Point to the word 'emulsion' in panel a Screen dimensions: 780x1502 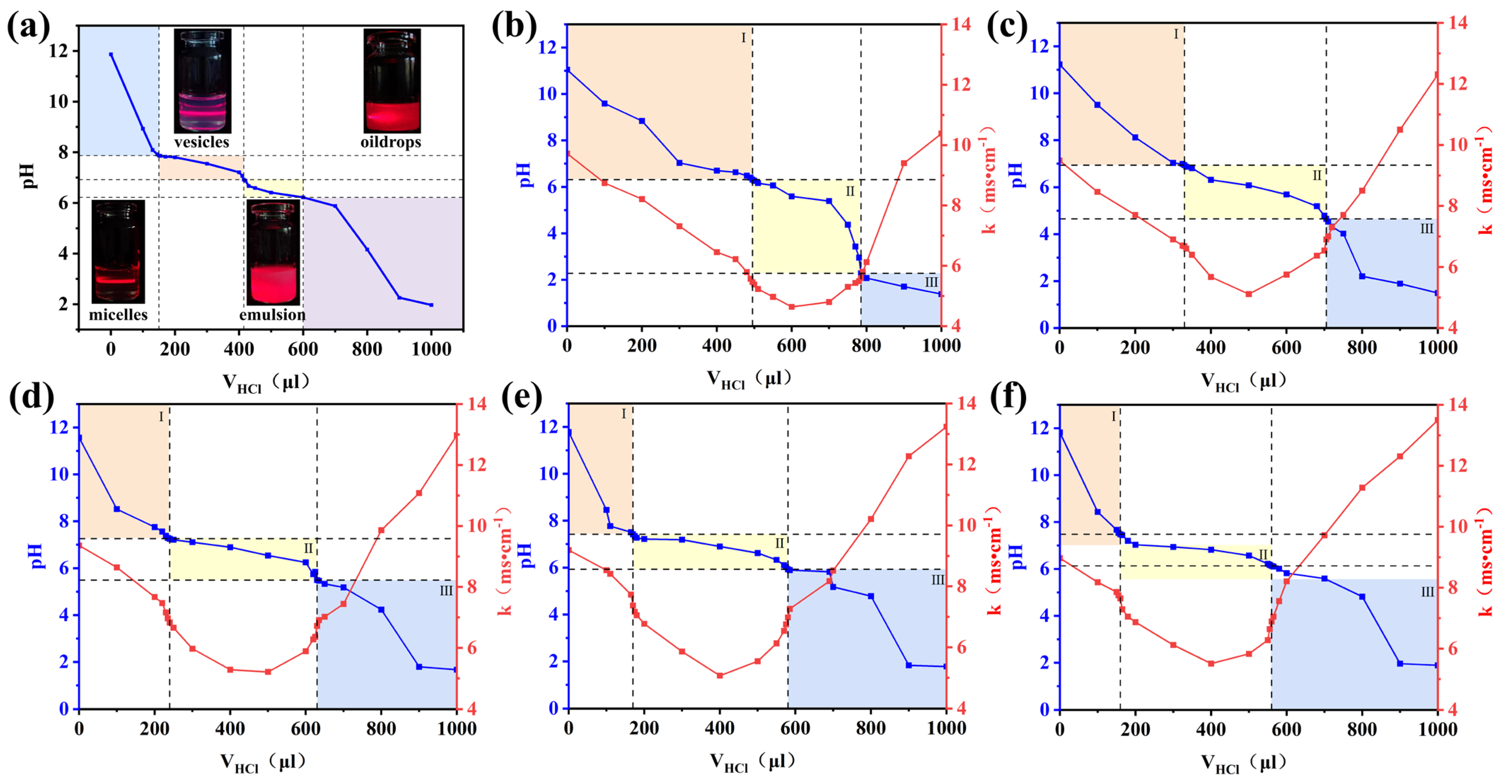(x=272, y=315)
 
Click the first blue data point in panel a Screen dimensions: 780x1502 (x=111, y=54)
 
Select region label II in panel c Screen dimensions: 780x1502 (x=1317, y=175)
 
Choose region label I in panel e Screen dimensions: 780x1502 (x=623, y=414)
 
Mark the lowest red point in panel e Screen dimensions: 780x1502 (x=719, y=676)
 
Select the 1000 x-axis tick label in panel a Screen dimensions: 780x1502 (x=431, y=349)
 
